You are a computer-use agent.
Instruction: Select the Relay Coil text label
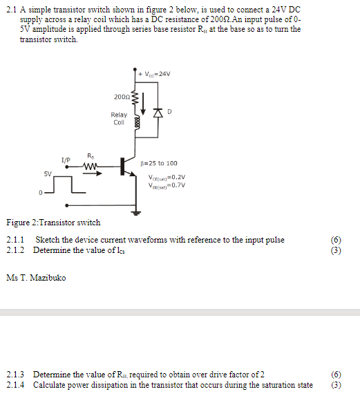tap(119, 119)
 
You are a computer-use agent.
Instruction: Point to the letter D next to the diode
tap(169, 111)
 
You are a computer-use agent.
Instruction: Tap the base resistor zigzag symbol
tap(91, 166)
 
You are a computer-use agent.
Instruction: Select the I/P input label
tap(66, 160)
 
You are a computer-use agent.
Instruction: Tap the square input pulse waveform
tap(66, 185)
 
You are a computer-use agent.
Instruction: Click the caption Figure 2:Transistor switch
tap(53, 223)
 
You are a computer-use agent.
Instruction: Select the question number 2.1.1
tap(15, 240)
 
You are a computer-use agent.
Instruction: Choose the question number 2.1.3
tap(15, 374)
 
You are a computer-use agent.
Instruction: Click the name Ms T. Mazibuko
tap(36, 278)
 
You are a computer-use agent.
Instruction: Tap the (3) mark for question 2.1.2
tap(337, 249)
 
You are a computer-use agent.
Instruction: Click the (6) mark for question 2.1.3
tap(337, 374)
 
